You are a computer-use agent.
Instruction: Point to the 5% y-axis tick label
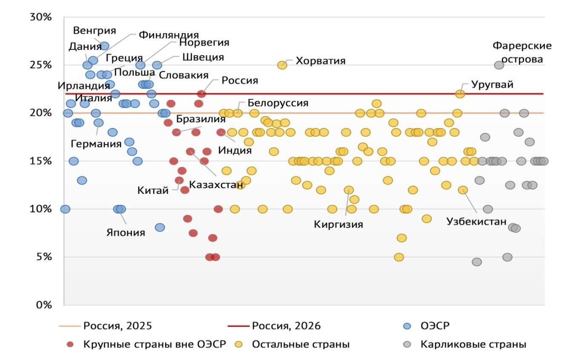click(42, 257)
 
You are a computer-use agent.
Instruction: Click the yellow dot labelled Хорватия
click(282, 65)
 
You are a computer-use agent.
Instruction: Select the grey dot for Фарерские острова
click(499, 65)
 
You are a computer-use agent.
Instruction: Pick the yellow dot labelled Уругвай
click(460, 94)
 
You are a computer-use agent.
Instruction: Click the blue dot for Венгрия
click(104, 46)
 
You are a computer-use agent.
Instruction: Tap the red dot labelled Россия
click(201, 94)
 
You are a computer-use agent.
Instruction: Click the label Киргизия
click(338, 224)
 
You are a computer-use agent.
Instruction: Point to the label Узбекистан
click(476, 222)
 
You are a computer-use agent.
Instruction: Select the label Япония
click(126, 233)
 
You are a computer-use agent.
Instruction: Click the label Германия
click(96, 144)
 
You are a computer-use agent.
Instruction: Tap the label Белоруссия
click(278, 103)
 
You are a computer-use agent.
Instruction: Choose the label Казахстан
click(216, 185)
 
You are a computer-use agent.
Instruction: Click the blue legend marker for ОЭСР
click(407, 326)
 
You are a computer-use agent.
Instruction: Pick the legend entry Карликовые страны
click(473, 344)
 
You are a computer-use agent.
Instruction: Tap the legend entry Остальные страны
click(301, 344)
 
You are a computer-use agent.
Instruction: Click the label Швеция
click(203, 57)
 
